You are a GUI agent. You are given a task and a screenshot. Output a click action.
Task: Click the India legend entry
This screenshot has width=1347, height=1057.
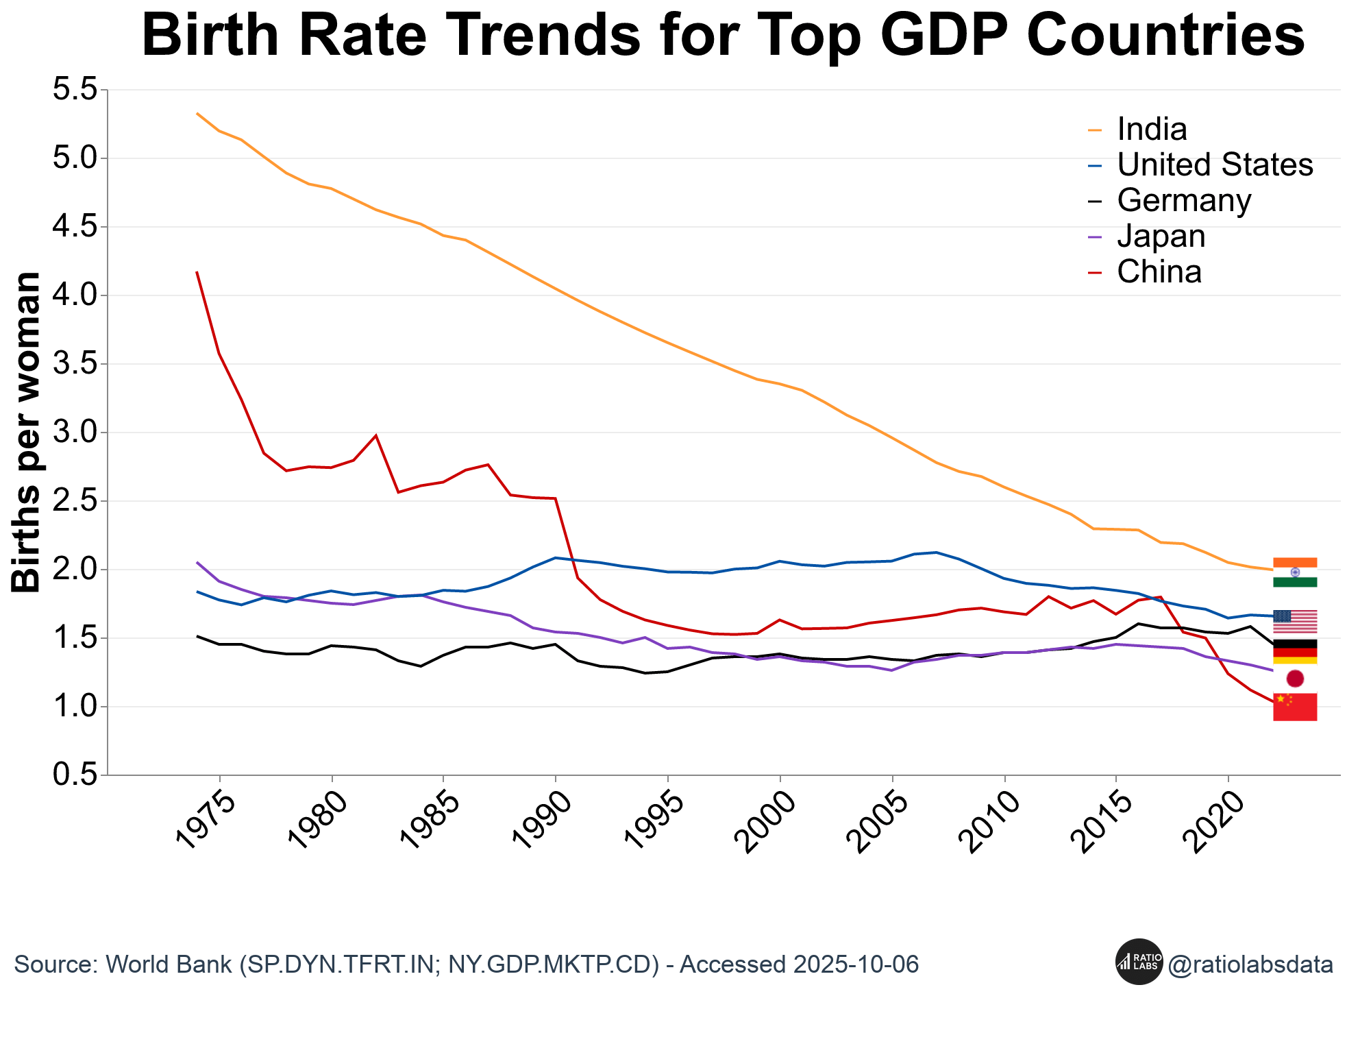1151,129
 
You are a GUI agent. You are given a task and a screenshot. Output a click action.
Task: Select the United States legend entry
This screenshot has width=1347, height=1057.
1214,165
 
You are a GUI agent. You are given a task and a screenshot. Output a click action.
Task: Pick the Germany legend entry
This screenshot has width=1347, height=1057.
1183,200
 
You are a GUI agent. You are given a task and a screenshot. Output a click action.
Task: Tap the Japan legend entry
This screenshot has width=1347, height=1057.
1161,236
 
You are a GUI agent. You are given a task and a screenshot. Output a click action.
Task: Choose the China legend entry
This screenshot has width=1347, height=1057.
1159,271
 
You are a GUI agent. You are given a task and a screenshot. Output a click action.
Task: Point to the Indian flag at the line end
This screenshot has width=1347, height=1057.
1294,572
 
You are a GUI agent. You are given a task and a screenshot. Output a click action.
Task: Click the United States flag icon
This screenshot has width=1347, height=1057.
1294,621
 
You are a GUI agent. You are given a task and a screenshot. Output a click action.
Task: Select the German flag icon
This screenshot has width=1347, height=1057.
1294,652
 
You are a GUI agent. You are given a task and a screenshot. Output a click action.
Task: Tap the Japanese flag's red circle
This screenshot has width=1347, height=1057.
1295,679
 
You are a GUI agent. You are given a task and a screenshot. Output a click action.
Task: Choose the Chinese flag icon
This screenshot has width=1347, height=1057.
1294,707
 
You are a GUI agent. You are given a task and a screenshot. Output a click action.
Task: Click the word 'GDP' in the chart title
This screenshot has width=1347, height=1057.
940,36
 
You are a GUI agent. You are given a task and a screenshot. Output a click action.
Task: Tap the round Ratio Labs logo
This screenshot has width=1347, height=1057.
1139,962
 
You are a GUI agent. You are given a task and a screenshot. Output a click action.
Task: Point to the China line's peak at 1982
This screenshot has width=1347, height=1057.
376,435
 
